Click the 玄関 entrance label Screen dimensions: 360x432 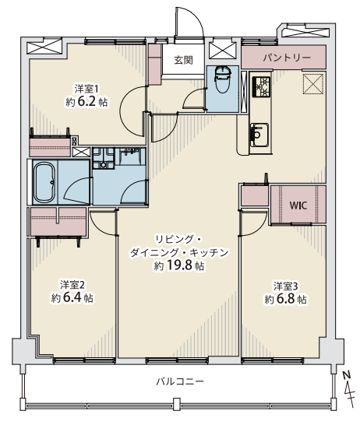click(183, 60)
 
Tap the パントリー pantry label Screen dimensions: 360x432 click(287, 58)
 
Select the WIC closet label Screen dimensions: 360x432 click(298, 205)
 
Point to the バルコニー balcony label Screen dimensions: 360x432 click(180, 381)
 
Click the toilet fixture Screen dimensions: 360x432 click(223, 80)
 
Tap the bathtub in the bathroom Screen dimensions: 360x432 click(44, 182)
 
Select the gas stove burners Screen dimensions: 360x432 click(261, 86)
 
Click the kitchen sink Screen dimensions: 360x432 click(259, 135)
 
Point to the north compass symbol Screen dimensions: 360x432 click(348, 389)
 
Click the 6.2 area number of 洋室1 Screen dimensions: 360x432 click(86, 102)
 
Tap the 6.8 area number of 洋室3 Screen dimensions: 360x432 click(286, 299)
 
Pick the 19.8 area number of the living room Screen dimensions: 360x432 click(179, 265)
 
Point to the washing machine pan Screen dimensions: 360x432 click(103, 158)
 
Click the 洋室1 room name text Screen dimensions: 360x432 click(86, 89)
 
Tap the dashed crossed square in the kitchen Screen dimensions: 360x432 click(313, 84)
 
